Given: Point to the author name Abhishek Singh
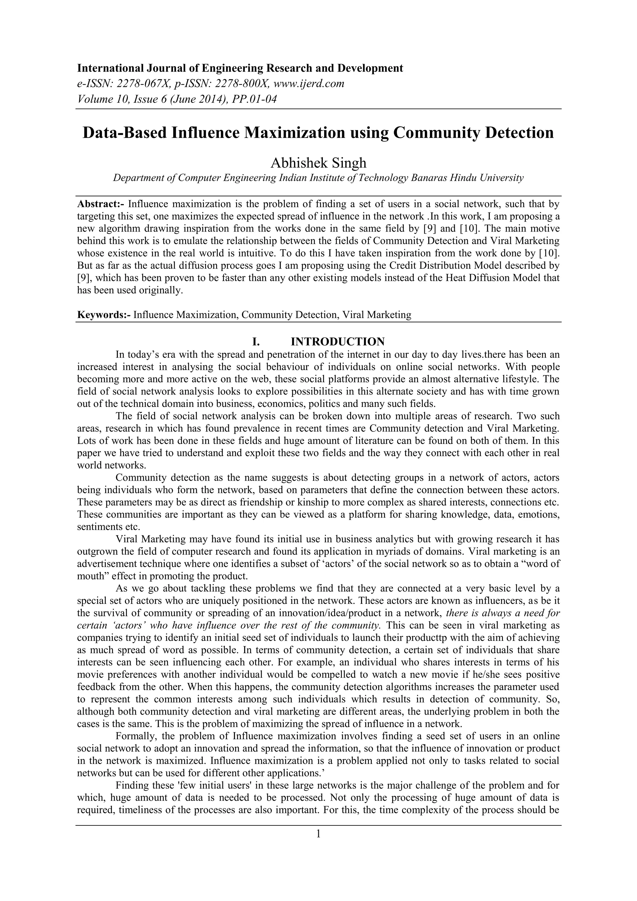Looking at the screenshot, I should [x=318, y=162].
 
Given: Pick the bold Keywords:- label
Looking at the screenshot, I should [x=104, y=315].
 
